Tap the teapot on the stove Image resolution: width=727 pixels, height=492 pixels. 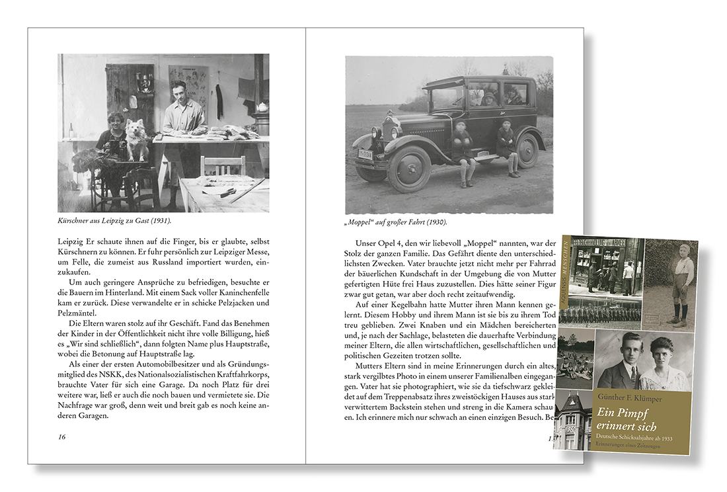pyautogui.click(x=262, y=107)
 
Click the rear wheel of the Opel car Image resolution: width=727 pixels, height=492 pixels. pyautogui.click(x=527, y=150)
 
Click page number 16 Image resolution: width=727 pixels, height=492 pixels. pyautogui.click(x=61, y=436)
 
